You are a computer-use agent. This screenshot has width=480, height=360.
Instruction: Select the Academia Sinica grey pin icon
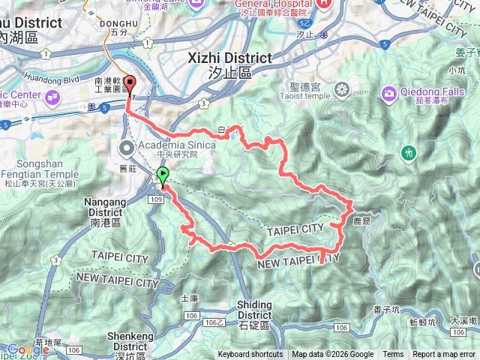point(126,146)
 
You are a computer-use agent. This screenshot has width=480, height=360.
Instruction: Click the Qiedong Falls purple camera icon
point(389,93)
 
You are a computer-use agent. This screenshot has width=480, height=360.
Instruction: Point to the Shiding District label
point(254,309)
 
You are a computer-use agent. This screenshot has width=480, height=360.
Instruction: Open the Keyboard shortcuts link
point(250,355)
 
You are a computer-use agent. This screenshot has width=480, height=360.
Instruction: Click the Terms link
point(393,355)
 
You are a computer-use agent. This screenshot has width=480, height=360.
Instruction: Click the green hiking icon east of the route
point(409,152)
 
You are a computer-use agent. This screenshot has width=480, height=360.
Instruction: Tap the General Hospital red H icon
point(323,4)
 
